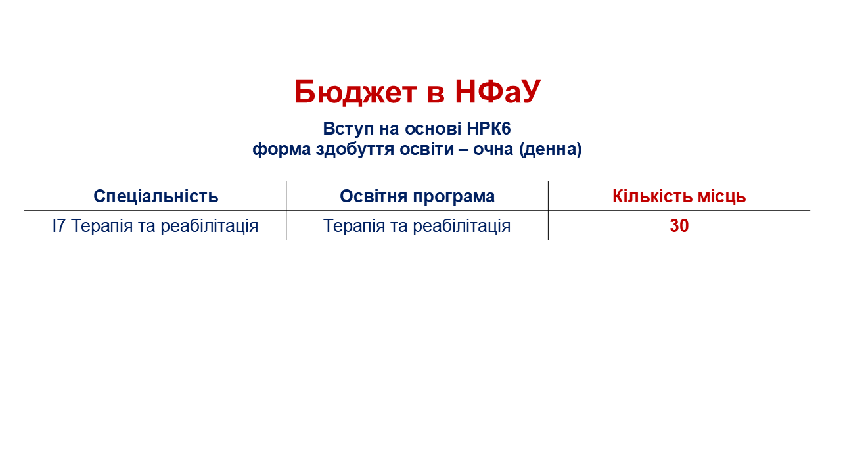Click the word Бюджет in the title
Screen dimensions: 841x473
355,93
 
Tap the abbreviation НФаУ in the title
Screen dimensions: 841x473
498,91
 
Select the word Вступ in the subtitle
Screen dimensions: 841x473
348,129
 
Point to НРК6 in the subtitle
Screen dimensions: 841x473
489,129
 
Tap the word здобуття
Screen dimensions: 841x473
355,150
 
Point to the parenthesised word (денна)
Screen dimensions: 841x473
551,150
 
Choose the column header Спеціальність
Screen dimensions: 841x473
156,196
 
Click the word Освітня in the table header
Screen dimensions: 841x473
374,196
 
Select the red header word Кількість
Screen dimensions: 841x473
652,196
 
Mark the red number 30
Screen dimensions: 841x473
679,226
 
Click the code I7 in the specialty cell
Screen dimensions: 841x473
58,226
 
